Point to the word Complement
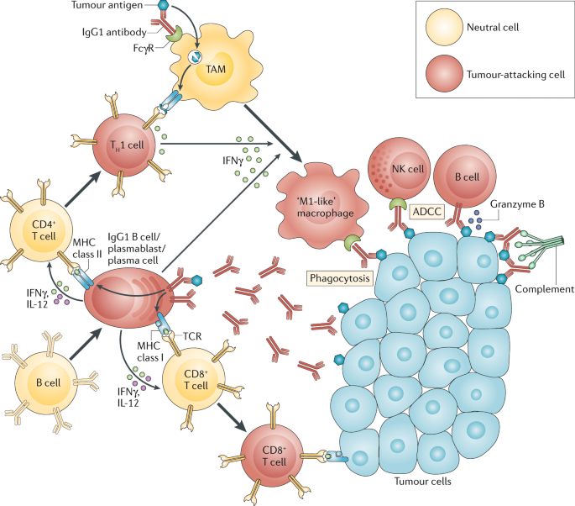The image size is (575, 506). click(x=544, y=288)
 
